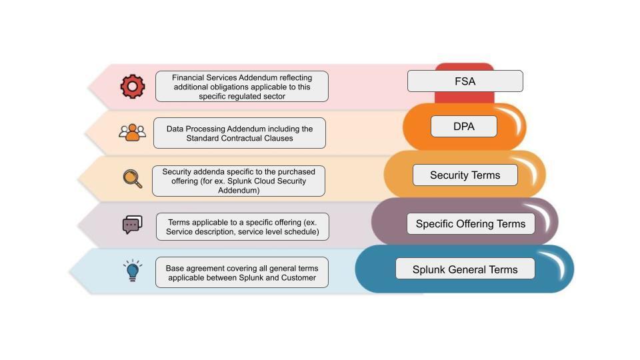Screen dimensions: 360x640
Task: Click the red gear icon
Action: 132,87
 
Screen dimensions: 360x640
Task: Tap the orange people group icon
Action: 132,132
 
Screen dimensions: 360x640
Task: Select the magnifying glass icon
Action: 132,179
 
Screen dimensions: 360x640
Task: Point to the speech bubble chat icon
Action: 132,225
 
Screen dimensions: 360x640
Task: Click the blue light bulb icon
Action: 132,271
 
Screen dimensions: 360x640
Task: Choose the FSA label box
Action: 465,81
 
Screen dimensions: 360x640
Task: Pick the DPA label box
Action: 463,126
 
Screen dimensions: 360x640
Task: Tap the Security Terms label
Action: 465,175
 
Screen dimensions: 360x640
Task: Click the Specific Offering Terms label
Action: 471,224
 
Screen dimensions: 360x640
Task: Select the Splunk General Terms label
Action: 465,269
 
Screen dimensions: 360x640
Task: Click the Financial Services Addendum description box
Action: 242,87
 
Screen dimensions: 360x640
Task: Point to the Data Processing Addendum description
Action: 239,133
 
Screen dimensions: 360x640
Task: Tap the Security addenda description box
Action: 239,181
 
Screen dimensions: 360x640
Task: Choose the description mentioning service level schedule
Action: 243,227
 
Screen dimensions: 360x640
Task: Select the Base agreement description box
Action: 242,272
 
